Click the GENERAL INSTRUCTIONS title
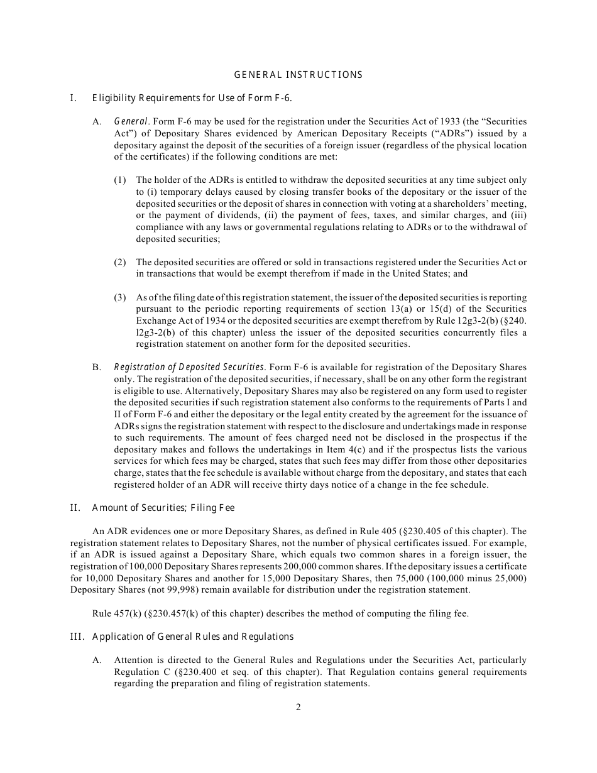[x=298, y=75]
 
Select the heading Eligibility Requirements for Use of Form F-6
[x=192, y=98]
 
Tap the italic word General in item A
[x=131, y=121]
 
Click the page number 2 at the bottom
[x=298, y=707]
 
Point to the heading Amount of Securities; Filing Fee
[x=163, y=508]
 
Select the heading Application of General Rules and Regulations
[x=193, y=637]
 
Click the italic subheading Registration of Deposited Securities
[x=189, y=367]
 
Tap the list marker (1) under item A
[x=120, y=180]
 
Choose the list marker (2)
[x=120, y=262]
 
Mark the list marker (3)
[x=120, y=297]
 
